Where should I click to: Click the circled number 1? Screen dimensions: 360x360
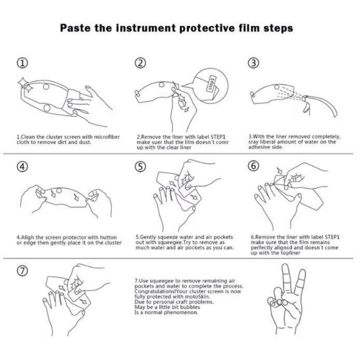pos(23,63)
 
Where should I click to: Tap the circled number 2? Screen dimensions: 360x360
pos(140,62)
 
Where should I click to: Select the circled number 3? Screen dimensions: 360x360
pos(254,63)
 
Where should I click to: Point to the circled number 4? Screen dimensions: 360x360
pos(23,166)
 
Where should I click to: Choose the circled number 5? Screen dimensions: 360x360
pos(140,166)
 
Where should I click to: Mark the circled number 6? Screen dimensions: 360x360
pos(254,166)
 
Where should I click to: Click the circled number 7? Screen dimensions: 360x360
pos(23,271)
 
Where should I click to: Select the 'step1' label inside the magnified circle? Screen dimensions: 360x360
pos(211,83)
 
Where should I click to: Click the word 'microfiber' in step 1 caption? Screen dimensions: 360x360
pos(106,137)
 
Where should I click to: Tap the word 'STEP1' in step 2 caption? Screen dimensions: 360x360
pos(217,137)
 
